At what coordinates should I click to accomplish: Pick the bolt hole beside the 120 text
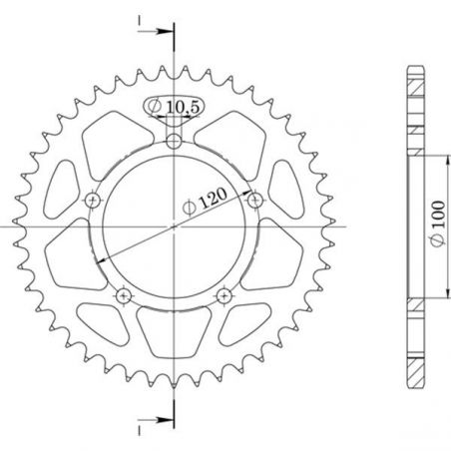click(x=252, y=199)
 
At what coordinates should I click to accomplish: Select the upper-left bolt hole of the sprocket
click(x=95, y=199)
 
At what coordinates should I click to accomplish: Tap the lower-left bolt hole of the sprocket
click(x=124, y=294)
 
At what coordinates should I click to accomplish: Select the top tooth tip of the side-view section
click(x=411, y=68)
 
